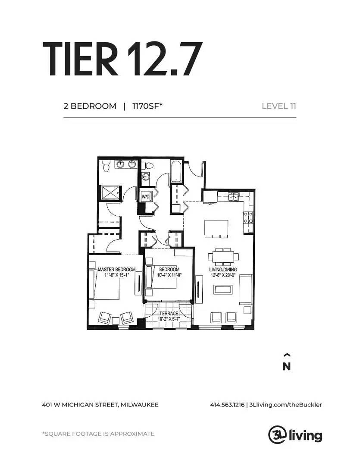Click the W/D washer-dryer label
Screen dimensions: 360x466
[x=145, y=196]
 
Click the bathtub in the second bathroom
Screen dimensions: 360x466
[x=176, y=171]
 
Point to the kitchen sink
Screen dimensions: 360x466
[x=234, y=197]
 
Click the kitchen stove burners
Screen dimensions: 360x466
[x=248, y=217]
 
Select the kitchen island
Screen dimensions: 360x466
[x=216, y=228]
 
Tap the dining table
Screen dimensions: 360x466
[x=223, y=256]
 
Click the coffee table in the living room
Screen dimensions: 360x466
[x=223, y=289]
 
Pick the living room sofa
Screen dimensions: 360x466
[x=245, y=290]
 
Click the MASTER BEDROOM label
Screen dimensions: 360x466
[x=117, y=269]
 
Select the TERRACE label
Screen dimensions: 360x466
[x=169, y=314]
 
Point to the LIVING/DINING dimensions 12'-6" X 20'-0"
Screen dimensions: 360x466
[x=223, y=275]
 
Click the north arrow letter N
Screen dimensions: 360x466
[x=287, y=367]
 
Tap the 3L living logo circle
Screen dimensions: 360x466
[x=277, y=435]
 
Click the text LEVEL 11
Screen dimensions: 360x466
[x=279, y=106]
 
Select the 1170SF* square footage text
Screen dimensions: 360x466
[x=147, y=106]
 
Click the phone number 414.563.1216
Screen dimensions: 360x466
[x=227, y=405]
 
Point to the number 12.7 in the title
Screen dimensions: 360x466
[x=165, y=59]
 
